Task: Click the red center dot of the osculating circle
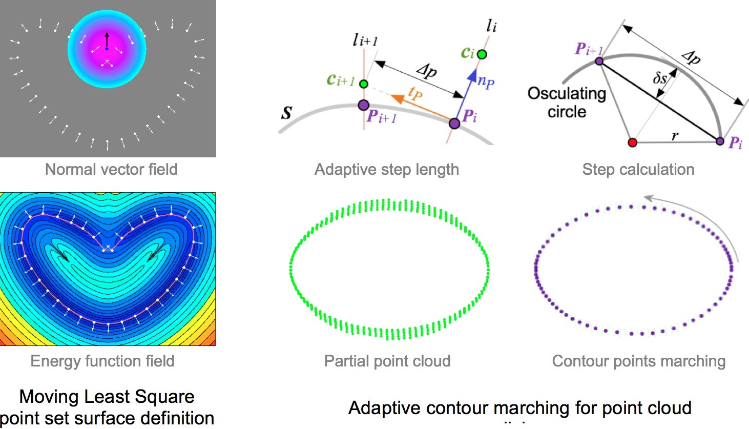[632, 142]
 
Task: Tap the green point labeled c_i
[482, 54]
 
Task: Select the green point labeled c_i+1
[363, 84]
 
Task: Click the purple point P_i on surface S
[454, 123]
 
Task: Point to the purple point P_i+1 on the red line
[363, 106]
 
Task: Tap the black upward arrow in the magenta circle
[107, 40]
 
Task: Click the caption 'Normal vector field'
[111, 170]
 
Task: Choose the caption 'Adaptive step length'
[386, 170]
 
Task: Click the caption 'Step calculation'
[638, 170]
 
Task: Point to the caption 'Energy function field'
[102, 361]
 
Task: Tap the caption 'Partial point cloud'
[387, 361]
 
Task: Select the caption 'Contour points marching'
[638, 361]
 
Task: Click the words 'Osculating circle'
[567, 103]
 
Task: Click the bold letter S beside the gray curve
[286, 113]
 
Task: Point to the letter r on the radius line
[675, 136]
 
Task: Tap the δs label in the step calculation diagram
[660, 78]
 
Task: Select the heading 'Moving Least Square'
[107, 397]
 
